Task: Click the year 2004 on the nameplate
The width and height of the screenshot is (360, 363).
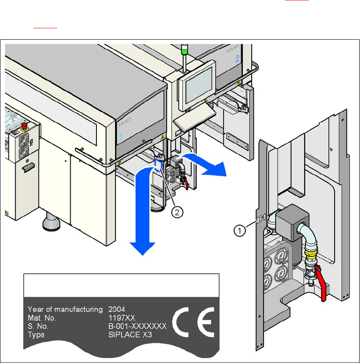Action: pos(117,309)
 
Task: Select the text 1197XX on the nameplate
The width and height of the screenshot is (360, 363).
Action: pos(120,318)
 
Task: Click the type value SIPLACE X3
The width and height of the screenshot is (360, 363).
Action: pos(127,335)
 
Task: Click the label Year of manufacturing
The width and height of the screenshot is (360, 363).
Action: pos(65,309)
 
